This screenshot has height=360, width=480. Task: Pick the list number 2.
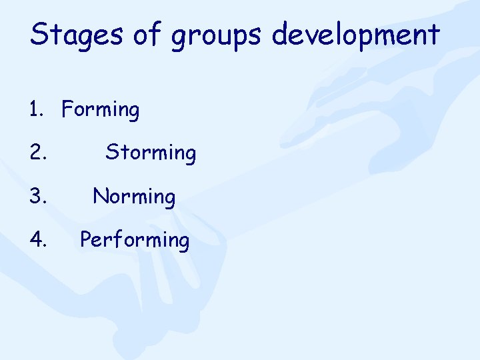37,153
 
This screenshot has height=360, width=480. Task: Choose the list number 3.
37,196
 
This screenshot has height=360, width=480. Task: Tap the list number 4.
37,239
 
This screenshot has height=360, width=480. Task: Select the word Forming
101,110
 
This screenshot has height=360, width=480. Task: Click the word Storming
151,153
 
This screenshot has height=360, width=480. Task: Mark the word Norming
134,196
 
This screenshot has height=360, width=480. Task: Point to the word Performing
135,239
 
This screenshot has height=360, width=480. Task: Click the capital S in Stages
37,33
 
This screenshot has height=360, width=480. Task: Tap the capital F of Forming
67,109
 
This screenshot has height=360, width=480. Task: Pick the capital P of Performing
85,238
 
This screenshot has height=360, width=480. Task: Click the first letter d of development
279,34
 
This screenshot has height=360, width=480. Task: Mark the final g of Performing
183,241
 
